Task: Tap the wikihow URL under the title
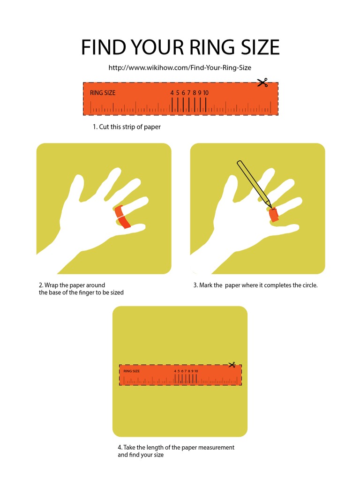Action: [180, 68]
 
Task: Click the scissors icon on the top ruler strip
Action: [262, 83]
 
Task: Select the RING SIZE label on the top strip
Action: [103, 93]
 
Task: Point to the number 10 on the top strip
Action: [205, 93]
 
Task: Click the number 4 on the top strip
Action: [172, 93]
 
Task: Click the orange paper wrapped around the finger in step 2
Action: [122, 217]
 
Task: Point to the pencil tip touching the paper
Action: [270, 206]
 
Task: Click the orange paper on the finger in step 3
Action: [273, 215]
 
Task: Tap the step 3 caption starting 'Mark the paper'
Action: [255, 285]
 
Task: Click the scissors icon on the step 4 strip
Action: [231, 365]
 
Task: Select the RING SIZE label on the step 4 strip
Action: [132, 371]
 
